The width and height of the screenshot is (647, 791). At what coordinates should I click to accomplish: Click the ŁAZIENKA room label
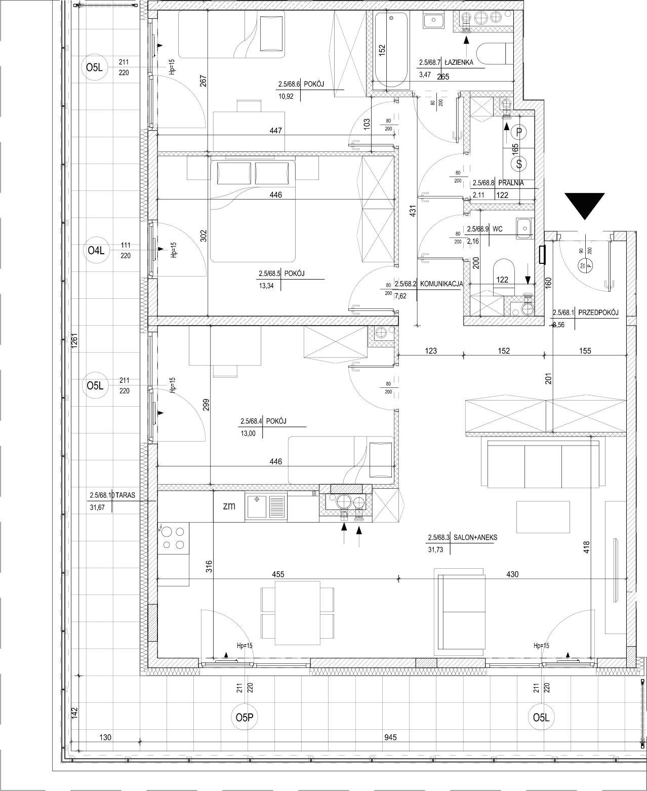[x=459, y=63]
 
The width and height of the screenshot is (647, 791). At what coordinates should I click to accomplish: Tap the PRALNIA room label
[x=511, y=183]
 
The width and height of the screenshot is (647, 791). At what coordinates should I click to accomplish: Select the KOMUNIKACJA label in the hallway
[x=441, y=284]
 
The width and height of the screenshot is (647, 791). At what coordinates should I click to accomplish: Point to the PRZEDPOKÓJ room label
[x=598, y=312]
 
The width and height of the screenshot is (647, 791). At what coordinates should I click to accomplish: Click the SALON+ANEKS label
[x=475, y=537]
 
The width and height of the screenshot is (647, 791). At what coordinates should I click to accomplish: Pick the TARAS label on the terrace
[x=125, y=495]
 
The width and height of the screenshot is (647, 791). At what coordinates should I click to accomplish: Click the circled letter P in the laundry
[x=519, y=132]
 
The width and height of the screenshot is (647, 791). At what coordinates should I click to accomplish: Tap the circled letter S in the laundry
[x=519, y=164]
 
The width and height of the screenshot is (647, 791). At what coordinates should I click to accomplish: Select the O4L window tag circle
[x=96, y=250]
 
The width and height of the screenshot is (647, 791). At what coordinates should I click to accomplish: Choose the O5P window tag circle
[x=245, y=718]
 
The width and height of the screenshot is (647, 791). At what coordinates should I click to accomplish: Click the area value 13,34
[x=266, y=286]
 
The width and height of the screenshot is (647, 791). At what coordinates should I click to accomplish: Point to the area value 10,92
[x=286, y=96]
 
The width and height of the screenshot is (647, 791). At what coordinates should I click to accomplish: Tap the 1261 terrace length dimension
[x=74, y=341]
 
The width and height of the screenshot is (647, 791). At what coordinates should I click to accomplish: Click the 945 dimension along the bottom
[x=390, y=737]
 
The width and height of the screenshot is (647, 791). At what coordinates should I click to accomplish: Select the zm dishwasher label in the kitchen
[x=229, y=506]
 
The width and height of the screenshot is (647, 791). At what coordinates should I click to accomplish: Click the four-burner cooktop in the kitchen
[x=173, y=538]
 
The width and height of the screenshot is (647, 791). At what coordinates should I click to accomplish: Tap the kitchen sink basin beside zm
[x=257, y=507]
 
